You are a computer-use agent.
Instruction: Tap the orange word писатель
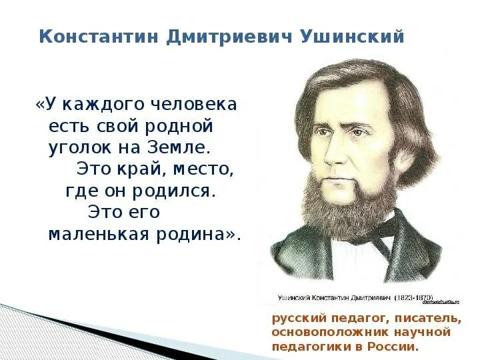pos(431,318)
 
